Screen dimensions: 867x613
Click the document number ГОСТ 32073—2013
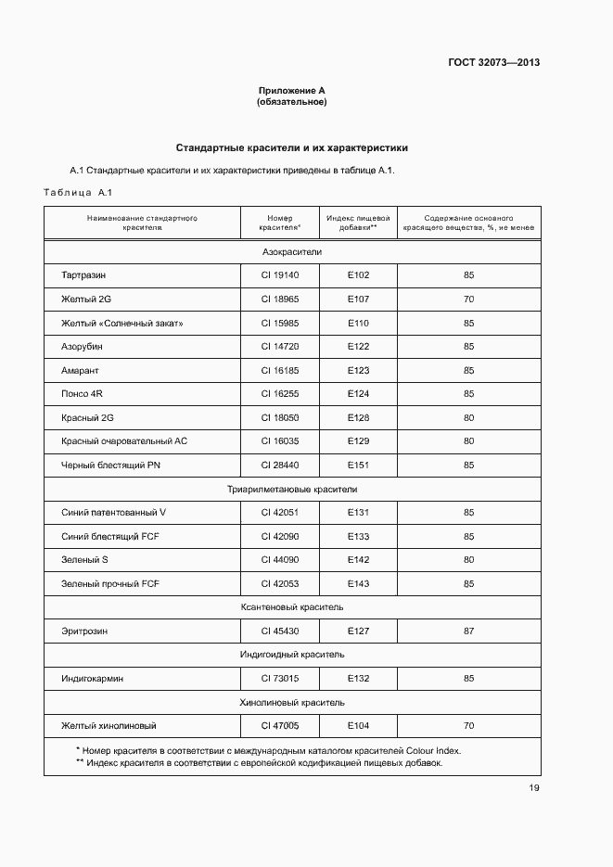[x=494, y=63]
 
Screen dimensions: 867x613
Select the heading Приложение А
[x=291, y=91]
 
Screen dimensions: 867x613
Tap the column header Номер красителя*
[x=280, y=222]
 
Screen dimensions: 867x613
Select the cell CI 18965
[x=280, y=300]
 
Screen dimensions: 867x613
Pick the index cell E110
[x=358, y=323]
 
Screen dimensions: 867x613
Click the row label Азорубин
[x=82, y=347]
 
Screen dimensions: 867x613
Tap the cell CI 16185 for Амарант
[x=280, y=370]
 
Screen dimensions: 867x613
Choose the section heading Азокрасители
[x=291, y=252]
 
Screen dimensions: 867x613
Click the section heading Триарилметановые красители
[x=291, y=489]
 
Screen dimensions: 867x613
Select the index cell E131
[x=358, y=513]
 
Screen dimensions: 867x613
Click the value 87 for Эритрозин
[x=468, y=631]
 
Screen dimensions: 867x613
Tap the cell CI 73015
[x=280, y=679]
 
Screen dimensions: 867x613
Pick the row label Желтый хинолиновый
[x=108, y=725]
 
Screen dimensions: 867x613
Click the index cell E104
[x=358, y=725]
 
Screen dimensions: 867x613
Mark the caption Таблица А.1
[x=77, y=193]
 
